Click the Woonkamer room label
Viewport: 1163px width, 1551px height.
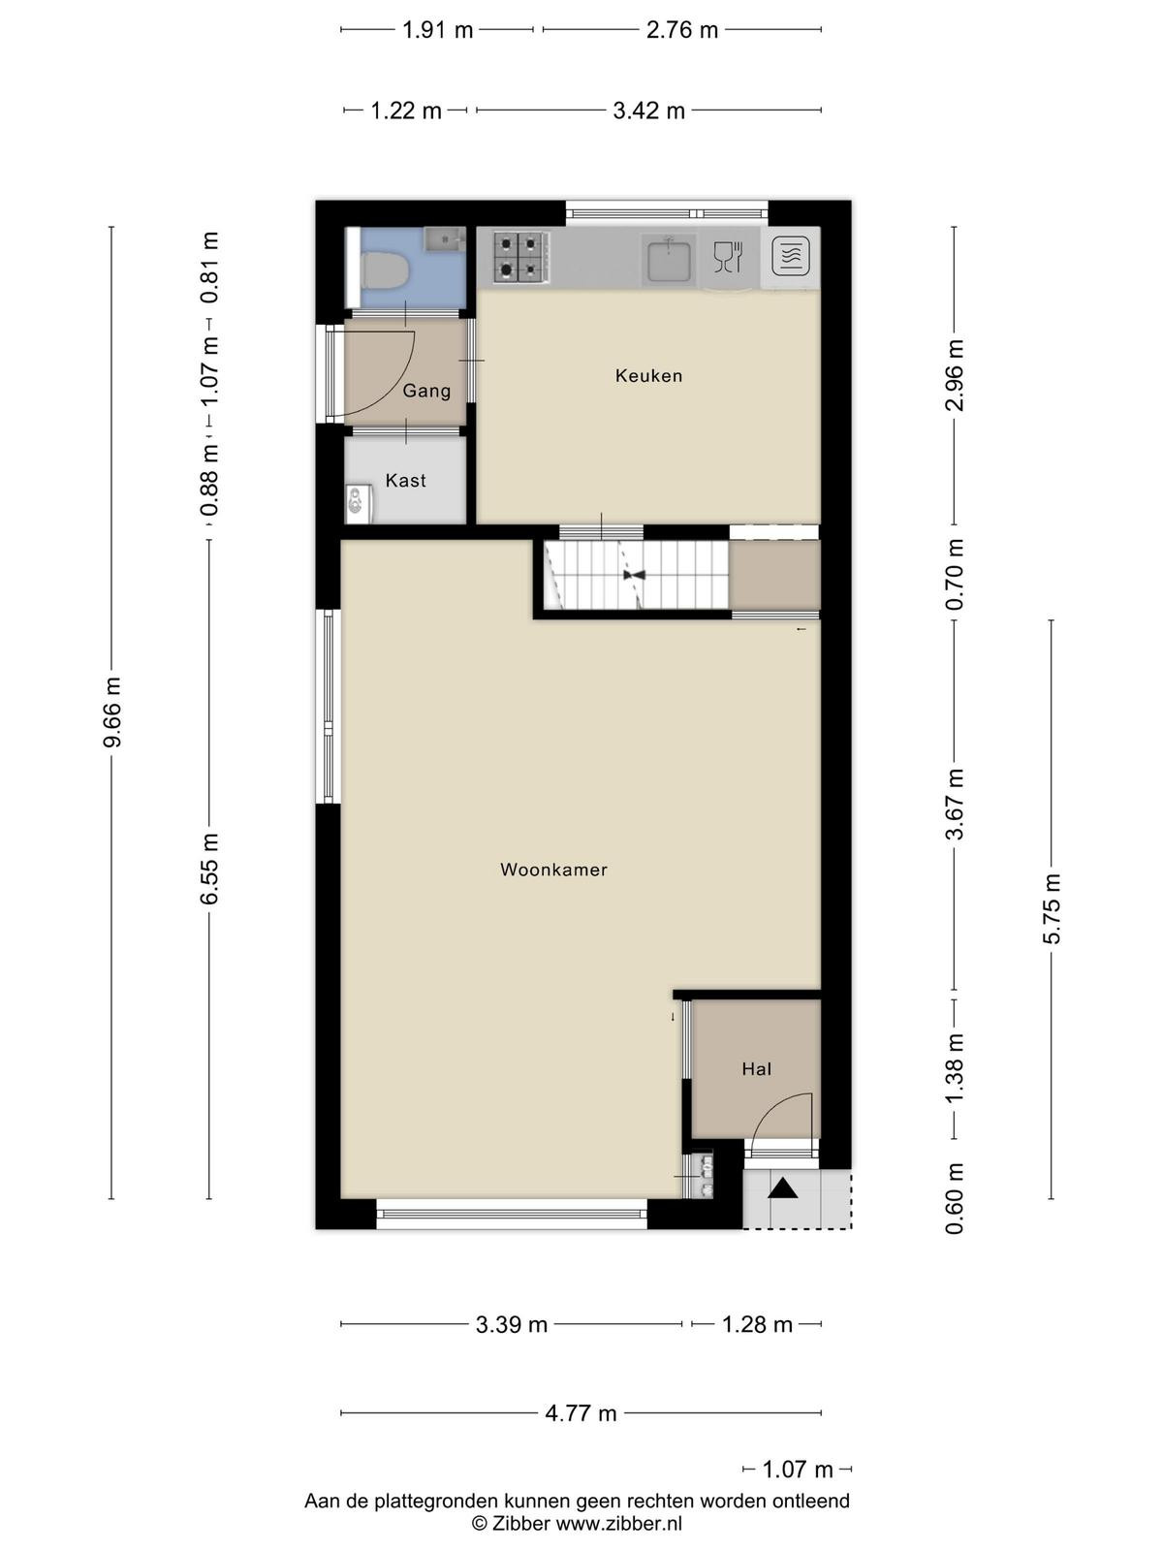click(553, 870)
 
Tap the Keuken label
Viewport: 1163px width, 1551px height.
click(649, 376)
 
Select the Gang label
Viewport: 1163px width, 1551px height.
click(426, 391)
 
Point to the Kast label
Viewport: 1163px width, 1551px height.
click(405, 481)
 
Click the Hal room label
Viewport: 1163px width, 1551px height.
click(756, 1069)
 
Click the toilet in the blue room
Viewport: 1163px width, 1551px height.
click(384, 270)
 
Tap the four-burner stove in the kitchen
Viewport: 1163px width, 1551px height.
click(520, 258)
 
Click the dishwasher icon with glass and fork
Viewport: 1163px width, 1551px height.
click(728, 257)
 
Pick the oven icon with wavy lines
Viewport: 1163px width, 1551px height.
click(790, 256)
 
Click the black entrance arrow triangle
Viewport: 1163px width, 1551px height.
click(782, 1189)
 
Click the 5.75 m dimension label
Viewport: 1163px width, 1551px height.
click(1052, 908)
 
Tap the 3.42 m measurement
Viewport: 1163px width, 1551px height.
click(648, 111)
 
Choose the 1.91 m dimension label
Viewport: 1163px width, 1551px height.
click(437, 30)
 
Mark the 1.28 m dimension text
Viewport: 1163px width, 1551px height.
click(757, 1325)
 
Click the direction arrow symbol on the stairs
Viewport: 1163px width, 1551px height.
click(634, 575)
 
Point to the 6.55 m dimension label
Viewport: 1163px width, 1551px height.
click(209, 869)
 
